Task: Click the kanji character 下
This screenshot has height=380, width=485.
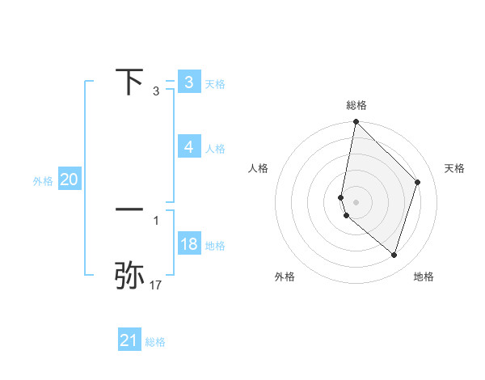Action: point(129,82)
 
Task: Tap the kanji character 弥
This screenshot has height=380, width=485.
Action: point(129,275)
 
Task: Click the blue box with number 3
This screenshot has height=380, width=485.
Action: point(188,82)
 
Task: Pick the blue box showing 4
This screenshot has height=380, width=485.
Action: point(188,147)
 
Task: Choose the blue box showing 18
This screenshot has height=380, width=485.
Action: point(188,244)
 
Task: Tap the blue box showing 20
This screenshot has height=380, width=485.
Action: point(69,180)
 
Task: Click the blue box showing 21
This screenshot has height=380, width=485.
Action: point(129,340)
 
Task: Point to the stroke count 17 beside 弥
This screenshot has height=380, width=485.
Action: point(156,285)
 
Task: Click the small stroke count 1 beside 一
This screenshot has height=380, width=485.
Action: point(156,220)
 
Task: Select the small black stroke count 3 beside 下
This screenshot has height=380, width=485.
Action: point(156,91)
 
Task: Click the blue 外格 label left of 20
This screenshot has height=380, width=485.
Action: point(43,181)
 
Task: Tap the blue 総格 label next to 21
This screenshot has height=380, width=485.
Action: point(155,342)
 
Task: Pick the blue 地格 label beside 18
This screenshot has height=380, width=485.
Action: point(215,245)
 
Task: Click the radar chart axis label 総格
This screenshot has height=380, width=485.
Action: point(356,105)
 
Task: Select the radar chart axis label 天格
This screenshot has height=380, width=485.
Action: point(454,168)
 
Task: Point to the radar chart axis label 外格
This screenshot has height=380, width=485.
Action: point(285,277)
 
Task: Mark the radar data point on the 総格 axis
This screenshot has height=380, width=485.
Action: point(356,122)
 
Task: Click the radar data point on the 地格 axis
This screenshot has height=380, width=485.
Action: point(394,255)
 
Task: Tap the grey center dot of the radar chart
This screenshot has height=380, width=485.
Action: point(356,201)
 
